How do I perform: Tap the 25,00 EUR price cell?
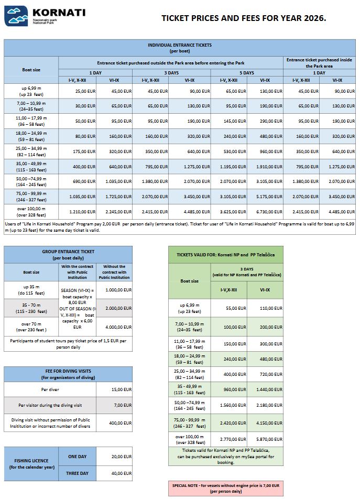click(85, 91)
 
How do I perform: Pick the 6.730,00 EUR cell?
click(271, 212)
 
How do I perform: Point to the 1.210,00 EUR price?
click(85, 212)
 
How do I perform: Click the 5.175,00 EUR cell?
click(271, 197)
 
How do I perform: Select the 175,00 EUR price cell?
click(85, 151)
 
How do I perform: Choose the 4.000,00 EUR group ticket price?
click(117, 328)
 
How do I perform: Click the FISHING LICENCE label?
click(30, 464)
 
